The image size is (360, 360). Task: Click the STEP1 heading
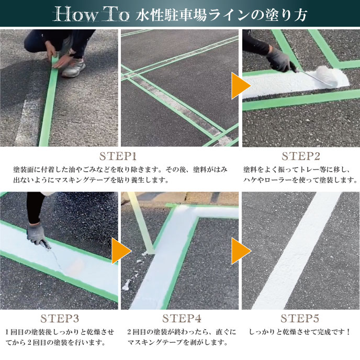[x=118, y=156]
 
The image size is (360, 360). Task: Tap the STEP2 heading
[x=301, y=156]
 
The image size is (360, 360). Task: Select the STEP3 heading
[x=60, y=319]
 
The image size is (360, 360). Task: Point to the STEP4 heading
[x=182, y=319]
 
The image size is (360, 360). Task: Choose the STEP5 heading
[x=300, y=319]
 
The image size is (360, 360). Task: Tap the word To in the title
[x=116, y=14]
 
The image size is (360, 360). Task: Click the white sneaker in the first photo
[x=74, y=67]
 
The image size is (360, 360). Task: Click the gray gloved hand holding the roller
[x=279, y=60]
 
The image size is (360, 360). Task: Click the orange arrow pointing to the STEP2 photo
[x=241, y=86]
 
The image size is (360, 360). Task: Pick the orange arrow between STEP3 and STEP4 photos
[x=121, y=251]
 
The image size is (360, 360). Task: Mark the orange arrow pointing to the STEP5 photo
[x=241, y=251]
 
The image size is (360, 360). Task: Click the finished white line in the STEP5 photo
[x=296, y=251]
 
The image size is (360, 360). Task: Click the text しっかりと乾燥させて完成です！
[x=300, y=332]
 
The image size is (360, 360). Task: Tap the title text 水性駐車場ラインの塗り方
[x=221, y=15]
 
